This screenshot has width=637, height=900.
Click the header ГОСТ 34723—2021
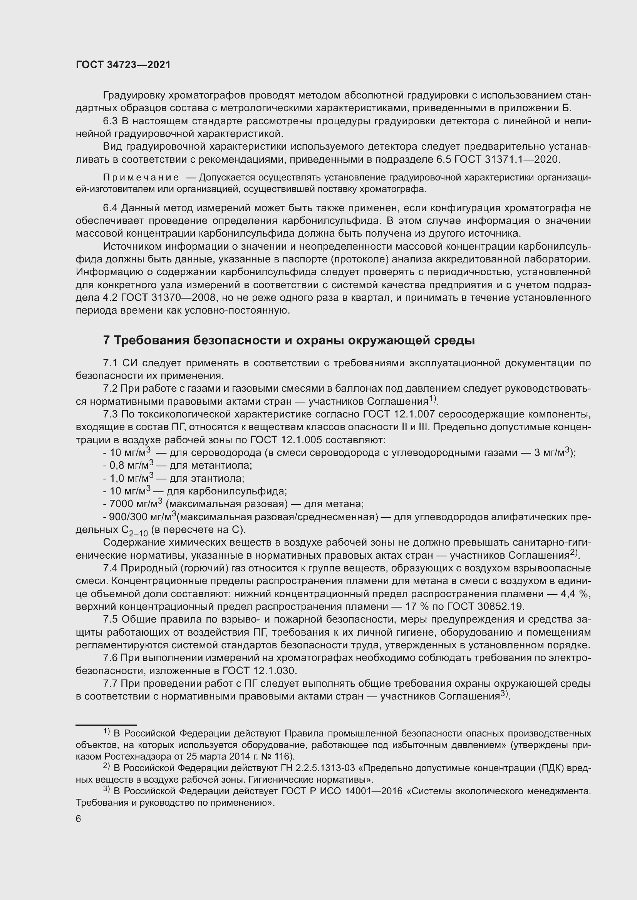click(123, 65)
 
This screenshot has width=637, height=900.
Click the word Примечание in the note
click(141, 177)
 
